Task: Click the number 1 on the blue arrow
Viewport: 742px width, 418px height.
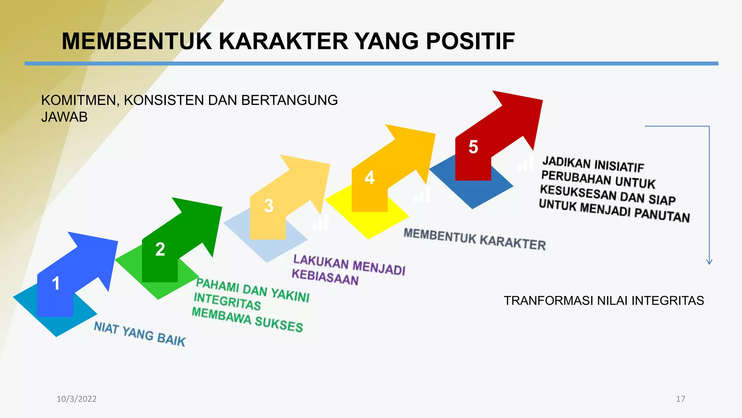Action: click(55, 283)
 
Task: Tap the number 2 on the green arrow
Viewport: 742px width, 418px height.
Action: click(160, 249)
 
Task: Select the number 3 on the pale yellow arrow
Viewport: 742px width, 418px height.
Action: click(268, 206)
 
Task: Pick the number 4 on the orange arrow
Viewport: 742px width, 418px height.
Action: click(369, 178)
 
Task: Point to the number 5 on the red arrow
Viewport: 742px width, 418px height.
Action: click(473, 147)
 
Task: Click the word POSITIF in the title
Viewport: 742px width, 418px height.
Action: click(470, 41)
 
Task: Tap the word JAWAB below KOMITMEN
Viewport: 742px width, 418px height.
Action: click(64, 117)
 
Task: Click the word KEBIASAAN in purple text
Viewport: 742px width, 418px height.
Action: click(325, 277)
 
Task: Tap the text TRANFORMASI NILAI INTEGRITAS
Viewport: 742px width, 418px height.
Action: click(604, 301)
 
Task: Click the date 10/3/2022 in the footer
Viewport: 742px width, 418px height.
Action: click(76, 399)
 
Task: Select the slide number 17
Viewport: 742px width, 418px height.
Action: click(680, 399)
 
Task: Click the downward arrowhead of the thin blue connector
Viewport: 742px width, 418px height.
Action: click(709, 262)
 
